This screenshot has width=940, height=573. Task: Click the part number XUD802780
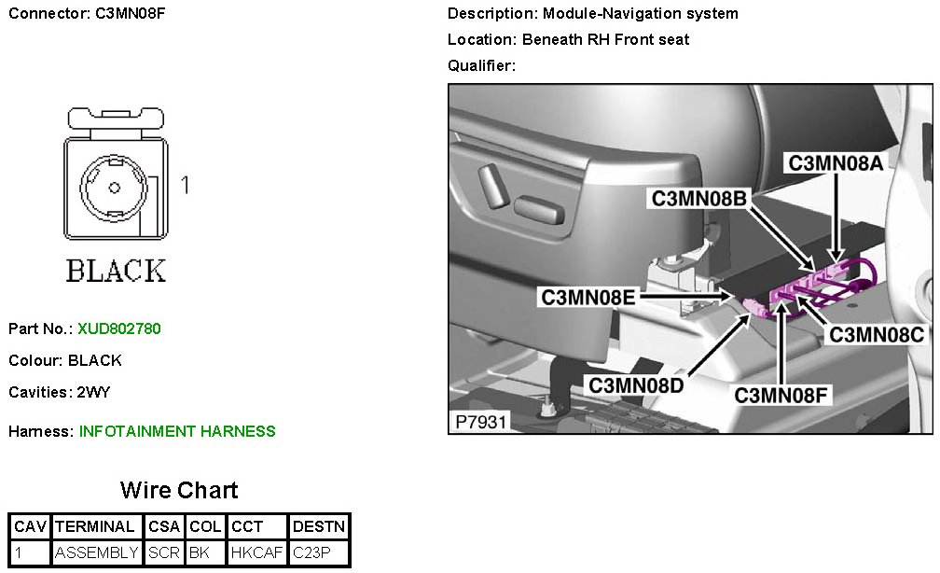click(119, 328)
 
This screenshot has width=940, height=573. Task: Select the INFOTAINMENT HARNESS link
click(177, 431)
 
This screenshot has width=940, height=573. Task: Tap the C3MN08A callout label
click(836, 162)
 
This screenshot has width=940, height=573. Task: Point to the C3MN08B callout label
click(698, 199)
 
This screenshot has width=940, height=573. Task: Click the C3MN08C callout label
click(877, 334)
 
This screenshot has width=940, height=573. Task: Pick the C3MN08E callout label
click(588, 298)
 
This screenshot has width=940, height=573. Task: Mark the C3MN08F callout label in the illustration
click(781, 395)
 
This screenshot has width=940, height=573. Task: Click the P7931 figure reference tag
click(480, 422)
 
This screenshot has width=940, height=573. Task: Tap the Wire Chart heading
click(179, 490)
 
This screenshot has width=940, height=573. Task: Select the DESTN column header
click(319, 526)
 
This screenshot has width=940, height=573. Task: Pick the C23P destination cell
click(311, 552)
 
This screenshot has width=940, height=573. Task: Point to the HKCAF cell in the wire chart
click(256, 552)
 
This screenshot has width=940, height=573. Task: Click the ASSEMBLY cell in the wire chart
click(97, 552)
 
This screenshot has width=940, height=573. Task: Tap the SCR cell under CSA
click(164, 552)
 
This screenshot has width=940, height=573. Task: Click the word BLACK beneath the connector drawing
click(116, 271)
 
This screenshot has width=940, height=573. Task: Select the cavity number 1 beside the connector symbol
click(185, 185)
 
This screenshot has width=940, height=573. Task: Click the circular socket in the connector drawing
click(114, 187)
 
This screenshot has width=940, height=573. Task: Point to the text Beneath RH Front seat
click(605, 39)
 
